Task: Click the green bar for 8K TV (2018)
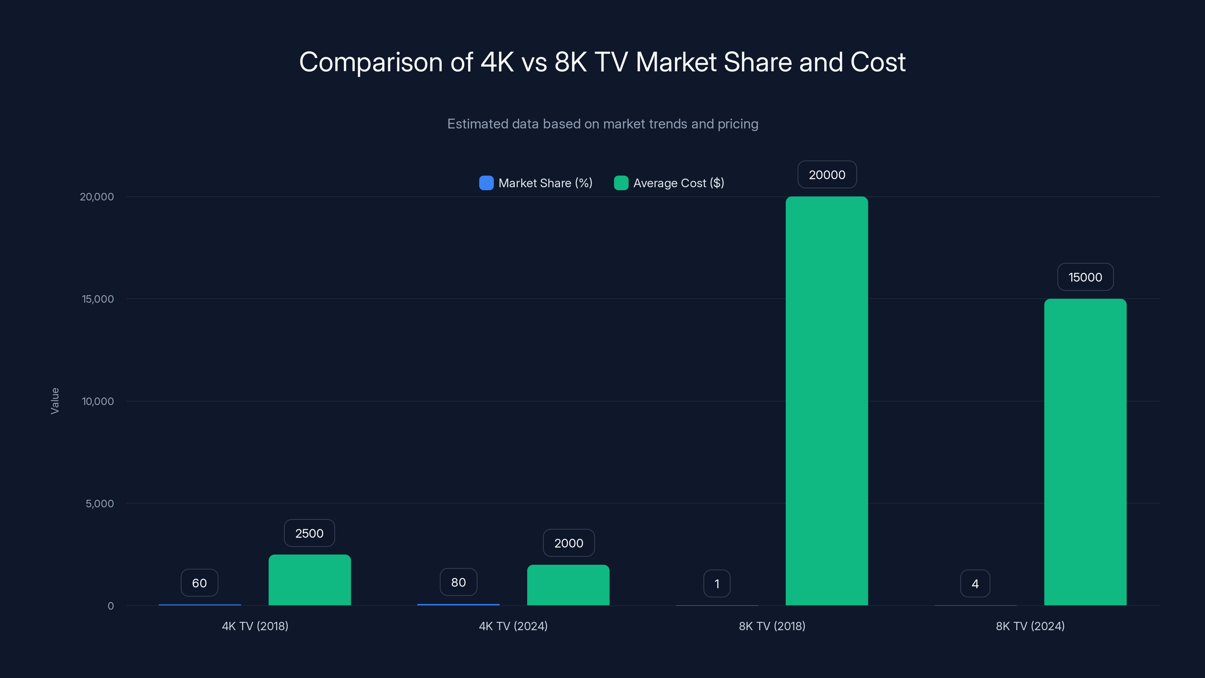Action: pos(827,401)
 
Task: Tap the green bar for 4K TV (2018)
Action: pos(310,580)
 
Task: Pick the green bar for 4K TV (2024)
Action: pos(568,585)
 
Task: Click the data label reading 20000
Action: pos(827,174)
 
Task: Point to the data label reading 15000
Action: pos(1085,277)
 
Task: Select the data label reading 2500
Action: pos(309,533)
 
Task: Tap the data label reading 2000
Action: pos(568,543)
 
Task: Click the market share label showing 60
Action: pos(199,583)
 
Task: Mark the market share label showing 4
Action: pos(975,583)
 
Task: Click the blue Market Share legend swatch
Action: pos(486,183)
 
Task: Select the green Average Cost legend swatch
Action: pos(621,183)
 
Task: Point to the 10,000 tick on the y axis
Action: pos(98,401)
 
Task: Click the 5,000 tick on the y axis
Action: pos(100,504)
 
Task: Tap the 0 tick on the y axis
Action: pos(110,606)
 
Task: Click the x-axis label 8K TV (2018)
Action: pos(772,626)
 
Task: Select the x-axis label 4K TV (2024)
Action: pos(513,626)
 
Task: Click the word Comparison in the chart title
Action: pos(371,62)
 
